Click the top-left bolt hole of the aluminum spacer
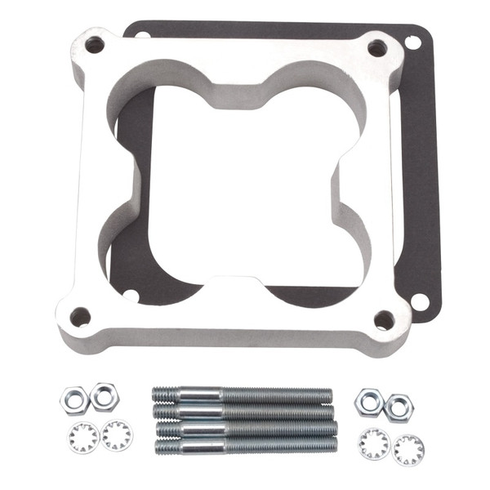pos(95,44)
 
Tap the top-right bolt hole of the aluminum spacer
pos(376,48)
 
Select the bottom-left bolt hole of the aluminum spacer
pos(80,316)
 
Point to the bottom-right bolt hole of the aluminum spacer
pos(384,319)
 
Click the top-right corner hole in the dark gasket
pos(412,41)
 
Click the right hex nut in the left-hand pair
pos(104,396)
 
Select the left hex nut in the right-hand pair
pos(369,400)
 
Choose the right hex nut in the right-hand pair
pos(399,407)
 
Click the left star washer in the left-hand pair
pos(83,438)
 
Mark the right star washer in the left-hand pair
pos(117,435)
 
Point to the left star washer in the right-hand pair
pos(375,442)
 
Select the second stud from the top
pos(243,412)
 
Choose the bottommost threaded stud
pos(245,444)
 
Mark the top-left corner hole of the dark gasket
pos(140,35)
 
